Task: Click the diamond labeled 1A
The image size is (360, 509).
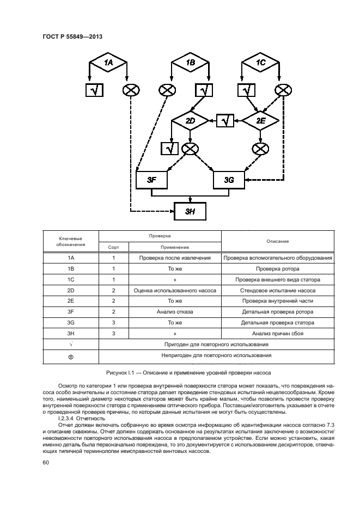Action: pos(108,63)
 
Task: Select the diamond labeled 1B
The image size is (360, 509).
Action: pos(190,63)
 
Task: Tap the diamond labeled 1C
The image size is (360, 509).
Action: pos(261,63)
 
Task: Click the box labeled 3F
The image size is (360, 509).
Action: pos(151,179)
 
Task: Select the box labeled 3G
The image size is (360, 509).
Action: pos(229,179)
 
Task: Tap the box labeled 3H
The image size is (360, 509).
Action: pos(190,211)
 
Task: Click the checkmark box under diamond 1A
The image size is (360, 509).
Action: pos(94,90)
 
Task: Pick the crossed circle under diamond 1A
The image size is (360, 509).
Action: pos(131,90)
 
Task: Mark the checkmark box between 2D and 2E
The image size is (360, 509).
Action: pos(225,120)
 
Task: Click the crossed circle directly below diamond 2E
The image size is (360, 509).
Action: pos(261,148)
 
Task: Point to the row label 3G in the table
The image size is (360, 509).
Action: pos(70,323)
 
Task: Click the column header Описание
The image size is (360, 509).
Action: pos(277,241)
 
